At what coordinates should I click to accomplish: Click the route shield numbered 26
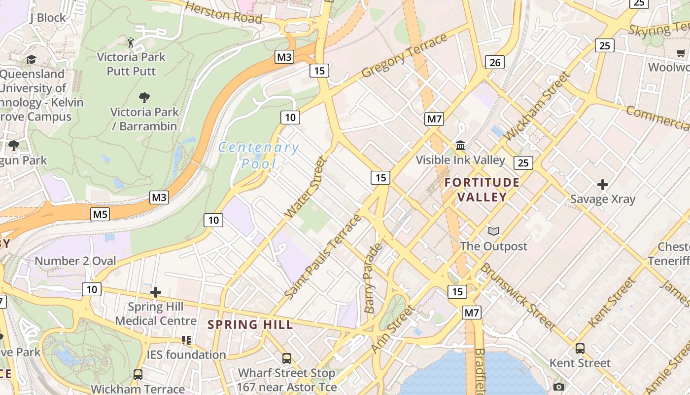click(x=495, y=62)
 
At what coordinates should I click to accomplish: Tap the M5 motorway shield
click(x=100, y=214)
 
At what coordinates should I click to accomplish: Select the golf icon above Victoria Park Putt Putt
click(x=131, y=42)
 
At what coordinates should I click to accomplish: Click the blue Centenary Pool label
click(x=258, y=155)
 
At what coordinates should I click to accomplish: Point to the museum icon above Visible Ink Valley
click(x=460, y=145)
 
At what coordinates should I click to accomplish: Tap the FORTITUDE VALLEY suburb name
click(x=482, y=190)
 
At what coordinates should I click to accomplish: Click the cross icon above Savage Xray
click(x=602, y=185)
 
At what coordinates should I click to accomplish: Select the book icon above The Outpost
click(x=493, y=231)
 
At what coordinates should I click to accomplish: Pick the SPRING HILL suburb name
click(x=250, y=324)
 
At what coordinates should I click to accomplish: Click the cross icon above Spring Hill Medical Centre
click(x=156, y=292)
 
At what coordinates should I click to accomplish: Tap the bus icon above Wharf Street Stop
click(x=287, y=358)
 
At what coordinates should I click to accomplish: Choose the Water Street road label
click(x=306, y=187)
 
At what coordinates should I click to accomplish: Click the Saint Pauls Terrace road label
click(x=323, y=257)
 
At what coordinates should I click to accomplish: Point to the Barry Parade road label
click(x=373, y=278)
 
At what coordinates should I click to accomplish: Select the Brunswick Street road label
click(x=517, y=297)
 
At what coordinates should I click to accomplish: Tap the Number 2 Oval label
click(x=75, y=261)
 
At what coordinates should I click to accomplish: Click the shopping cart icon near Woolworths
click(x=681, y=53)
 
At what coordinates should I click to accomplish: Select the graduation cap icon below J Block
click(x=32, y=59)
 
